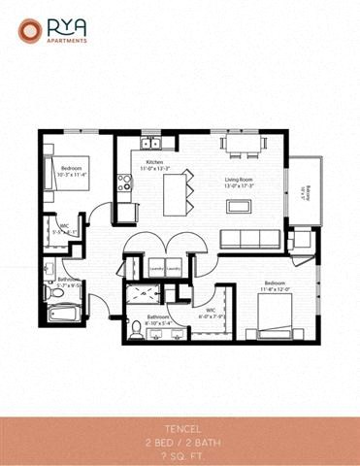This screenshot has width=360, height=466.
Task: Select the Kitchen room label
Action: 155,166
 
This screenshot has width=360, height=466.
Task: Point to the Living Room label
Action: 240,182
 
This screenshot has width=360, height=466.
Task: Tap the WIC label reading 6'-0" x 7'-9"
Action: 211,313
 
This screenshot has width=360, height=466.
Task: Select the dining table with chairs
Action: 241,145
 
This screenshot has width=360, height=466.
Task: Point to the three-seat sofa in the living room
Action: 246,239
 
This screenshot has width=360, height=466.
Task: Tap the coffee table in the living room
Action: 240,205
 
